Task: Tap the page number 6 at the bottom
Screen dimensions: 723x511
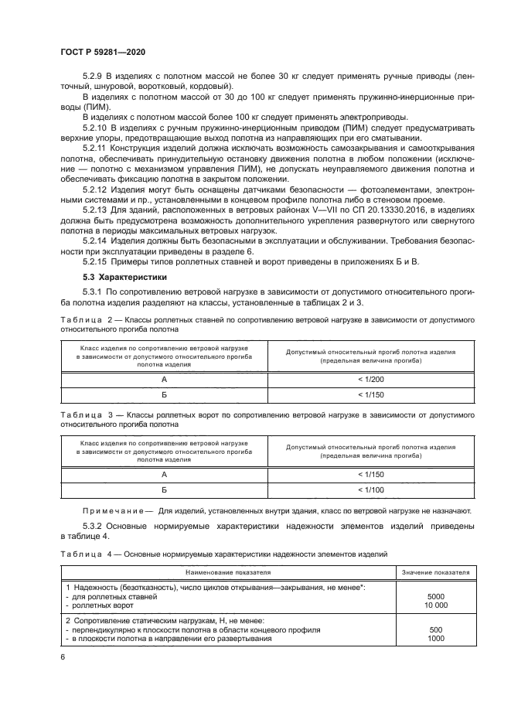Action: tap(62, 656)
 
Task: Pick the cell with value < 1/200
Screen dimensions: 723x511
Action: tap(370, 380)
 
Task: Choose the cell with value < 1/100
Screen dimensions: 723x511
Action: tap(370, 489)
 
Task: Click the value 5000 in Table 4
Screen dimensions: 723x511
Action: tap(435, 597)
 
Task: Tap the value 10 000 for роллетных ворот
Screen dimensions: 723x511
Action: tap(435, 605)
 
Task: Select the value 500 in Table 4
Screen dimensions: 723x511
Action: tap(435, 629)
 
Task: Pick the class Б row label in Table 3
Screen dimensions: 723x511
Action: tap(164, 489)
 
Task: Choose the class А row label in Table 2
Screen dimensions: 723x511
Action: tap(164, 380)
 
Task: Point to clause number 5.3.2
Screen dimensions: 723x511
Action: tap(94, 526)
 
